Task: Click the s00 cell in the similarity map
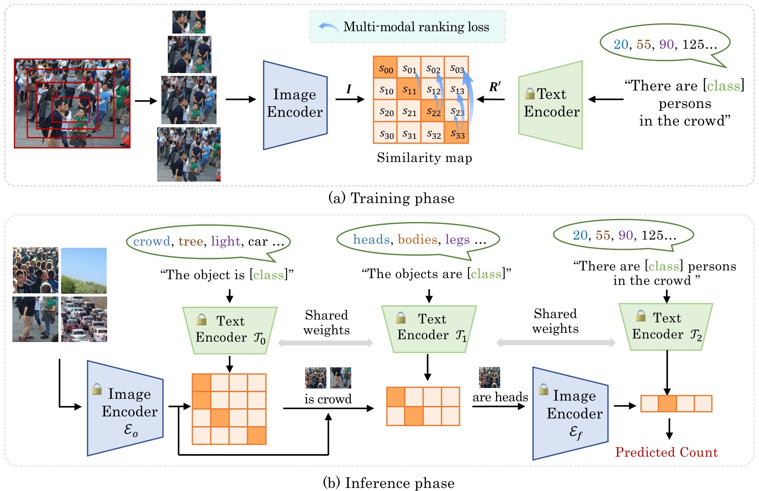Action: (385, 68)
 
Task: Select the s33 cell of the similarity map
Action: (457, 133)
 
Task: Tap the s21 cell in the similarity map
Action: (409, 112)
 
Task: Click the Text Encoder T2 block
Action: (666, 326)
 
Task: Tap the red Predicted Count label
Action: (666, 452)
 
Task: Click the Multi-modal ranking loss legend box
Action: (407, 27)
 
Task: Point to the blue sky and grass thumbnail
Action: (84, 270)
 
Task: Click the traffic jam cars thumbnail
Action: (84, 319)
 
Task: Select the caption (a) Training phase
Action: (391, 198)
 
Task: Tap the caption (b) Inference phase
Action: (388, 483)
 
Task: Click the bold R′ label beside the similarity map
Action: (495, 87)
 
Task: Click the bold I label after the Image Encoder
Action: (348, 89)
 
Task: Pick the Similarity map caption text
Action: (424, 158)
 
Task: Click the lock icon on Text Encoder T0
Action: (201, 319)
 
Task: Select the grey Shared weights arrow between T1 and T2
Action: (556, 343)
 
